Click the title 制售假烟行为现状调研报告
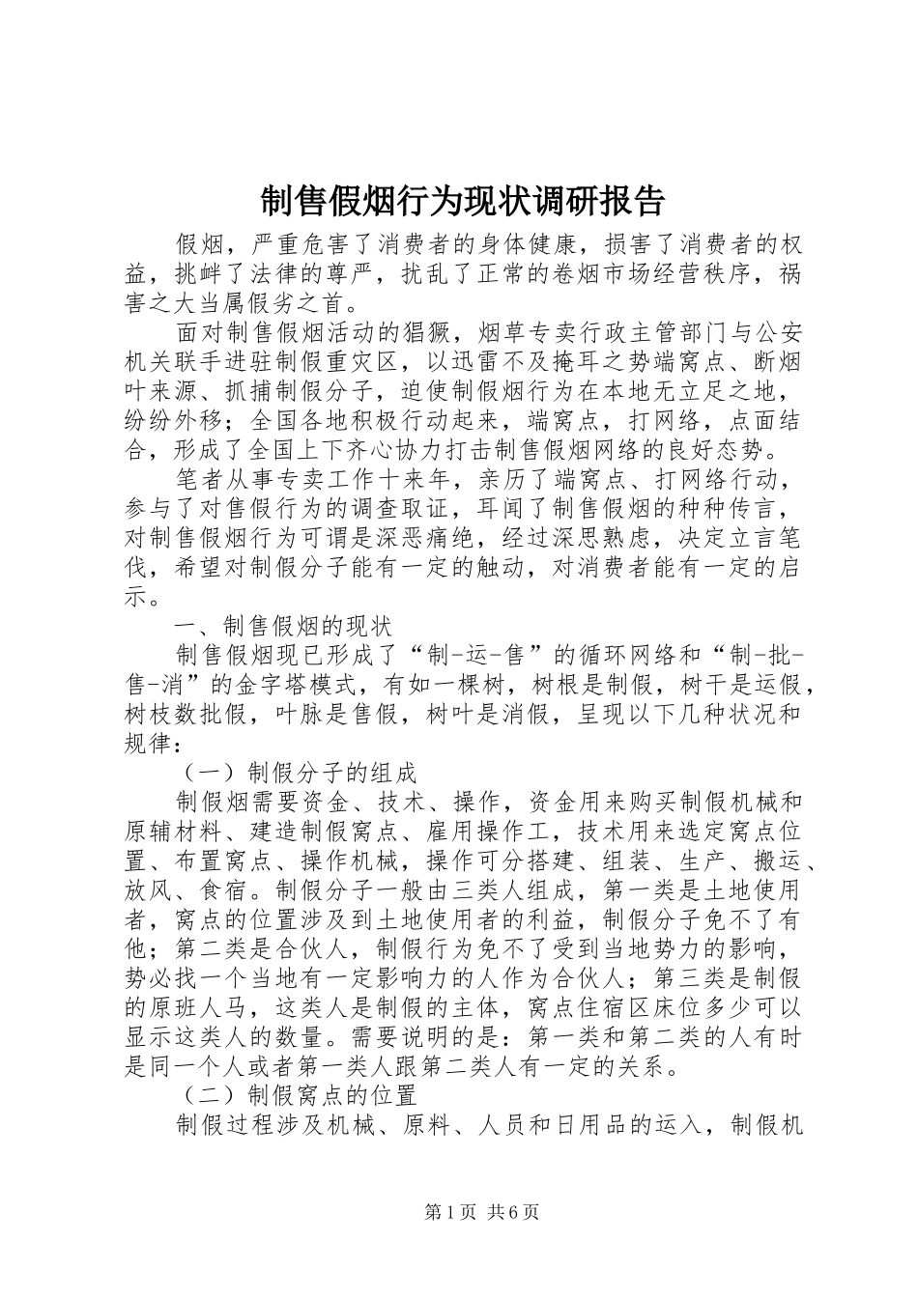[463, 201]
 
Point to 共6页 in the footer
[513, 1212]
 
